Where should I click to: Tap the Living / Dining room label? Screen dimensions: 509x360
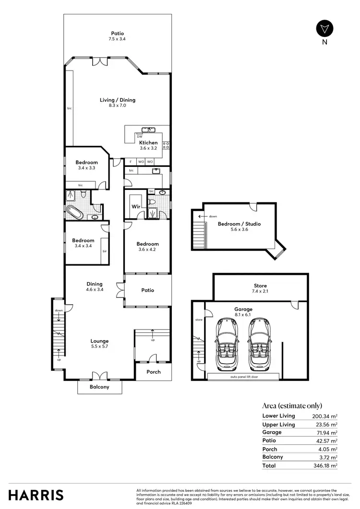pos(118,103)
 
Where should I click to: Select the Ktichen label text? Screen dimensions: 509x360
pos(148,146)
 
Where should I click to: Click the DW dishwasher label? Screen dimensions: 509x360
pos(140,136)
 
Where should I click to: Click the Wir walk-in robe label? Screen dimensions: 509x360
pos(136,207)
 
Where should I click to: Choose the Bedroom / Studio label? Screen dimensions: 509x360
pos(240,226)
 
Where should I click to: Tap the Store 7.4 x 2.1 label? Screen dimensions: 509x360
pos(260,289)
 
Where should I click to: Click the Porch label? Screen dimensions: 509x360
pos(154,372)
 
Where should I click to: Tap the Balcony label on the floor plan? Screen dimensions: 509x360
pos(100,387)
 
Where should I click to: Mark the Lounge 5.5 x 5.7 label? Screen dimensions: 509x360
pos(100,344)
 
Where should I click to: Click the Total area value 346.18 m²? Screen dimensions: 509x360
pos(326,465)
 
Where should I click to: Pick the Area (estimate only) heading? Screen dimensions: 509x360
pos(292,405)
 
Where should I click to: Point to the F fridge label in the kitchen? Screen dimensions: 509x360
pos(130,162)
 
